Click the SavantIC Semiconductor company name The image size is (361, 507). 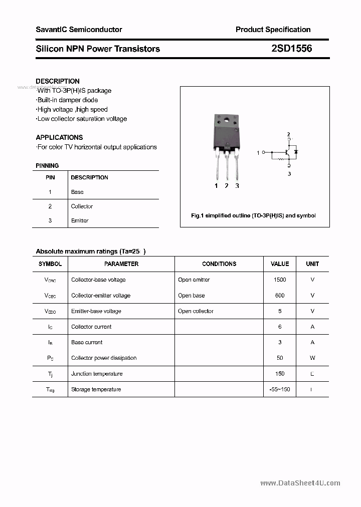coord(79,30)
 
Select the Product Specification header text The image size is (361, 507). coord(273,30)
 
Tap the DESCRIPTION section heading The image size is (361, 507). coord(58,81)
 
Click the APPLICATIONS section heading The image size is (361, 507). coord(59,137)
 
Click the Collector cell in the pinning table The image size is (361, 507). coord(82,206)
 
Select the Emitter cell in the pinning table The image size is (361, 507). coord(80,220)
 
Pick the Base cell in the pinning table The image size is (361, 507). coord(77,192)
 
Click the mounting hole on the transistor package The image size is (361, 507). coord(226,120)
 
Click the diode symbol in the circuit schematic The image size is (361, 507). coord(296,151)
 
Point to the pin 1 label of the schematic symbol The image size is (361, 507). coord(258,152)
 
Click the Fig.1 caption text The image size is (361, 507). coord(254,215)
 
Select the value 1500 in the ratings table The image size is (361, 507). coord(280,280)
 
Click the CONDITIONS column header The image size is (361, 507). coord(219,264)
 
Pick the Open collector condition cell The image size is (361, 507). coord(196,311)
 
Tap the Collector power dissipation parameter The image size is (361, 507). coord(104,358)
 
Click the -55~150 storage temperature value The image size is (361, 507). coord(280,389)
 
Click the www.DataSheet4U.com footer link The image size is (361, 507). coord(300,483)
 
